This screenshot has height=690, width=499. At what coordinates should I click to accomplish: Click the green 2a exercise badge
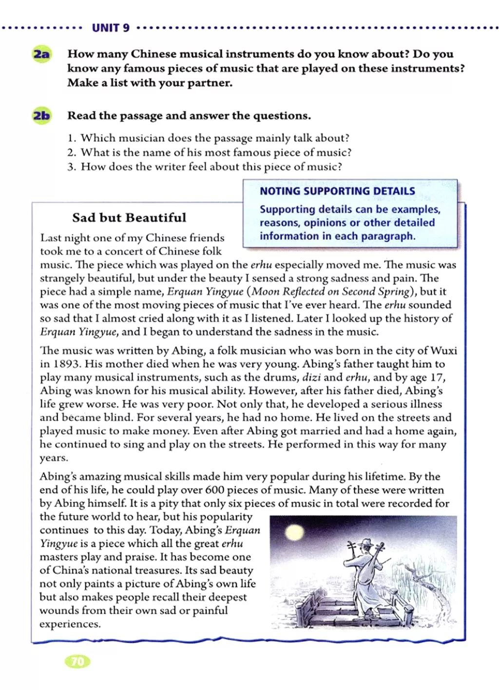[41, 54]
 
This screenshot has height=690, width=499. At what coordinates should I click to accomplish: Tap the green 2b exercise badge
[41, 116]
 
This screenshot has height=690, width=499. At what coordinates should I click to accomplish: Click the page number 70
[77, 661]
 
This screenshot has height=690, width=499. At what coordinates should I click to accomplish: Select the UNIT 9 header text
[111, 28]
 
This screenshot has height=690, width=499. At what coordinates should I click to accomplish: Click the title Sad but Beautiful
[129, 217]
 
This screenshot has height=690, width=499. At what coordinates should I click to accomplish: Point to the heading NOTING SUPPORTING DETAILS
[337, 191]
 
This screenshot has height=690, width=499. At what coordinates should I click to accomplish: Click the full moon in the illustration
[294, 531]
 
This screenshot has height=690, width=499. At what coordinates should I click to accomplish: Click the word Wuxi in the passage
[444, 351]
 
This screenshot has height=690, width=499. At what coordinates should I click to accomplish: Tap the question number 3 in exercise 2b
[72, 167]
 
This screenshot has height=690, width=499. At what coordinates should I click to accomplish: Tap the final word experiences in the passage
[70, 624]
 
